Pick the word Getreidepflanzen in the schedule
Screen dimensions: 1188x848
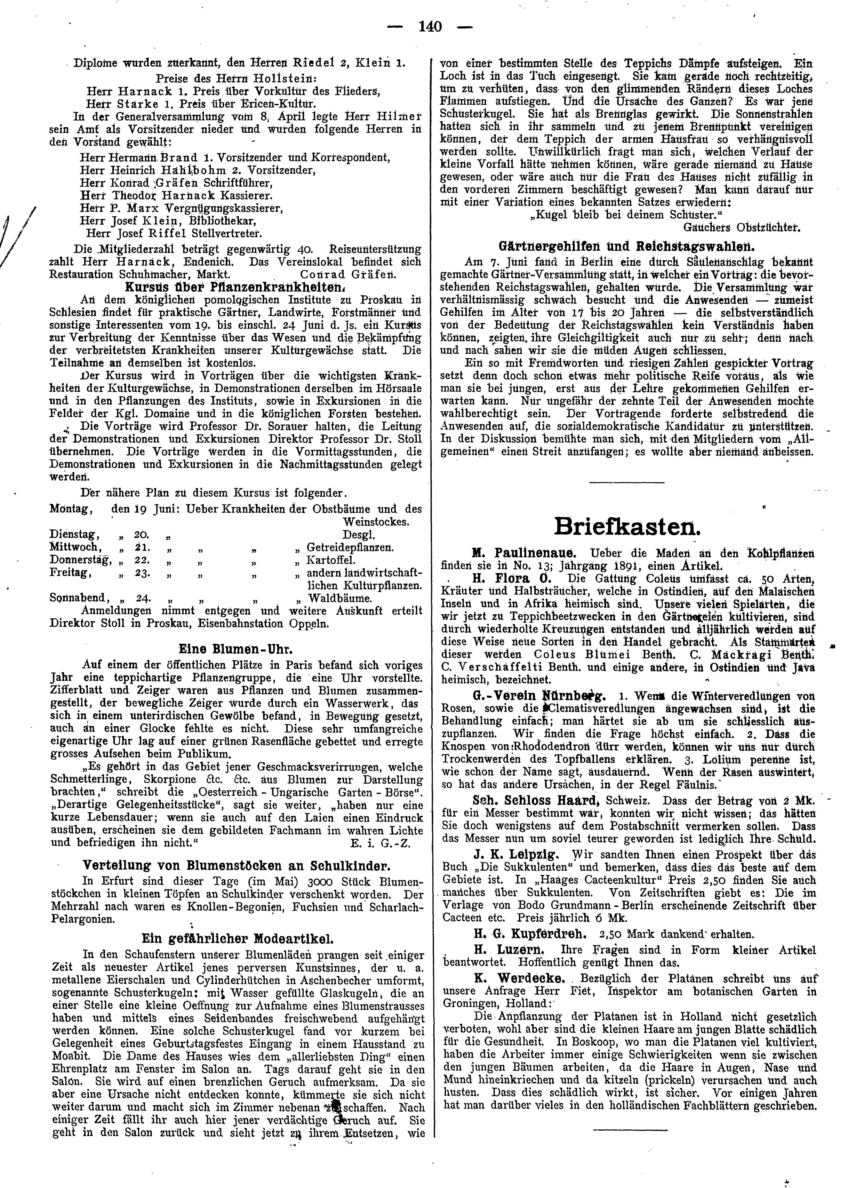[350, 548]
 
